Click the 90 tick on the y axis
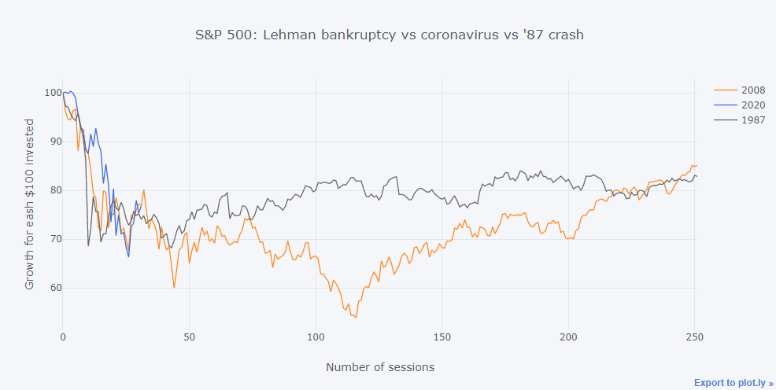54,142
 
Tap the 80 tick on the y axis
54,190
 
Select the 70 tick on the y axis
54,239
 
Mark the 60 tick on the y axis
54,288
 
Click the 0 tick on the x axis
63,337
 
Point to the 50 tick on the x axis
189,337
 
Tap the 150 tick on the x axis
442,337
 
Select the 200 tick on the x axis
567,337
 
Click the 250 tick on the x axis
693,337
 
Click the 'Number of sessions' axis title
379,367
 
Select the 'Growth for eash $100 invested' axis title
30,204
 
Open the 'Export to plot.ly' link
734,383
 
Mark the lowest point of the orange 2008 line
356,317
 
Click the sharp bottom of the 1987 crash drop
88,246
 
